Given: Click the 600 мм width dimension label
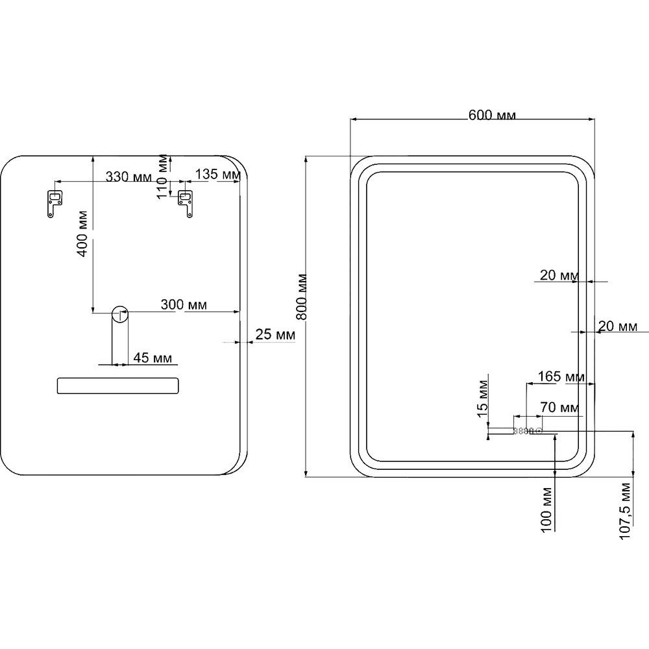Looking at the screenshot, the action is point(492,115).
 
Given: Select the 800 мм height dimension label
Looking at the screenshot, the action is point(302,297).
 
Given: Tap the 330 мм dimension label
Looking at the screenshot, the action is point(129,177).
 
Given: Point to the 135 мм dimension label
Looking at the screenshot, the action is point(217,174).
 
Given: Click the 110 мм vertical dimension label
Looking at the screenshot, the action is point(163,176).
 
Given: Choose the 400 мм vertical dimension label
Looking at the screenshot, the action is point(82,234).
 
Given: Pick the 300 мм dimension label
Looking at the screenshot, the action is point(184,304).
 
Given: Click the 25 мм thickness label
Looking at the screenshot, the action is point(275,334).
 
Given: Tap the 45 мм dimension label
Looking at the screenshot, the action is point(153,358).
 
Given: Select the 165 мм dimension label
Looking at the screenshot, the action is point(561,376).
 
